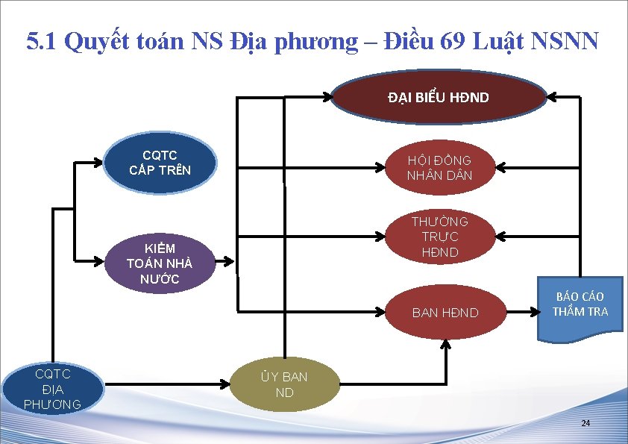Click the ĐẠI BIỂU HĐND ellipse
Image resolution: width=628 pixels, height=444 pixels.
point(439,97)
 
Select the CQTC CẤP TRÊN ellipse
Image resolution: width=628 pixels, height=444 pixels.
point(160,163)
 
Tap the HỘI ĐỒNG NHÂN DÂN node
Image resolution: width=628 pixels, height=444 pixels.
point(439,169)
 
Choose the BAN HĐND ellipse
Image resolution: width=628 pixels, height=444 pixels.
point(445,313)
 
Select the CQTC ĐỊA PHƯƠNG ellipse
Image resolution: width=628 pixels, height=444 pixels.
point(52,389)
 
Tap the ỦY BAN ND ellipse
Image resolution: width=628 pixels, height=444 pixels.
point(284,384)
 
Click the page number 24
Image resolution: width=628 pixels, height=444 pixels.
point(585,423)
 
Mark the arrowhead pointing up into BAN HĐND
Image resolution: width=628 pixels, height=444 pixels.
point(446,344)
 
